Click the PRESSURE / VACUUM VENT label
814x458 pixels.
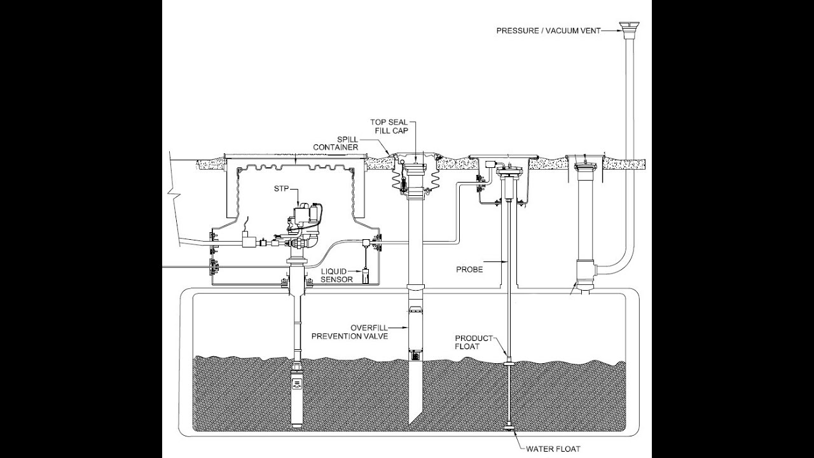pos(548,31)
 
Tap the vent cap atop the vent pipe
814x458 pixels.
pos(630,30)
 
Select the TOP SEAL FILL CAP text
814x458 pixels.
pos(389,127)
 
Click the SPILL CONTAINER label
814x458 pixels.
pos(335,144)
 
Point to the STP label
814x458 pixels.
pos(281,189)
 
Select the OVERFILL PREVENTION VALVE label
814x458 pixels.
pos(350,332)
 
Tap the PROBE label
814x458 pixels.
pos(469,270)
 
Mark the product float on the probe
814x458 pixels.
pos(509,363)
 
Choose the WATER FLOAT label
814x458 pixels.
pos(553,449)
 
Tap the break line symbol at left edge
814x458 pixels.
pos(175,197)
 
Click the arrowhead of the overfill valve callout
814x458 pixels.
pos(406,328)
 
